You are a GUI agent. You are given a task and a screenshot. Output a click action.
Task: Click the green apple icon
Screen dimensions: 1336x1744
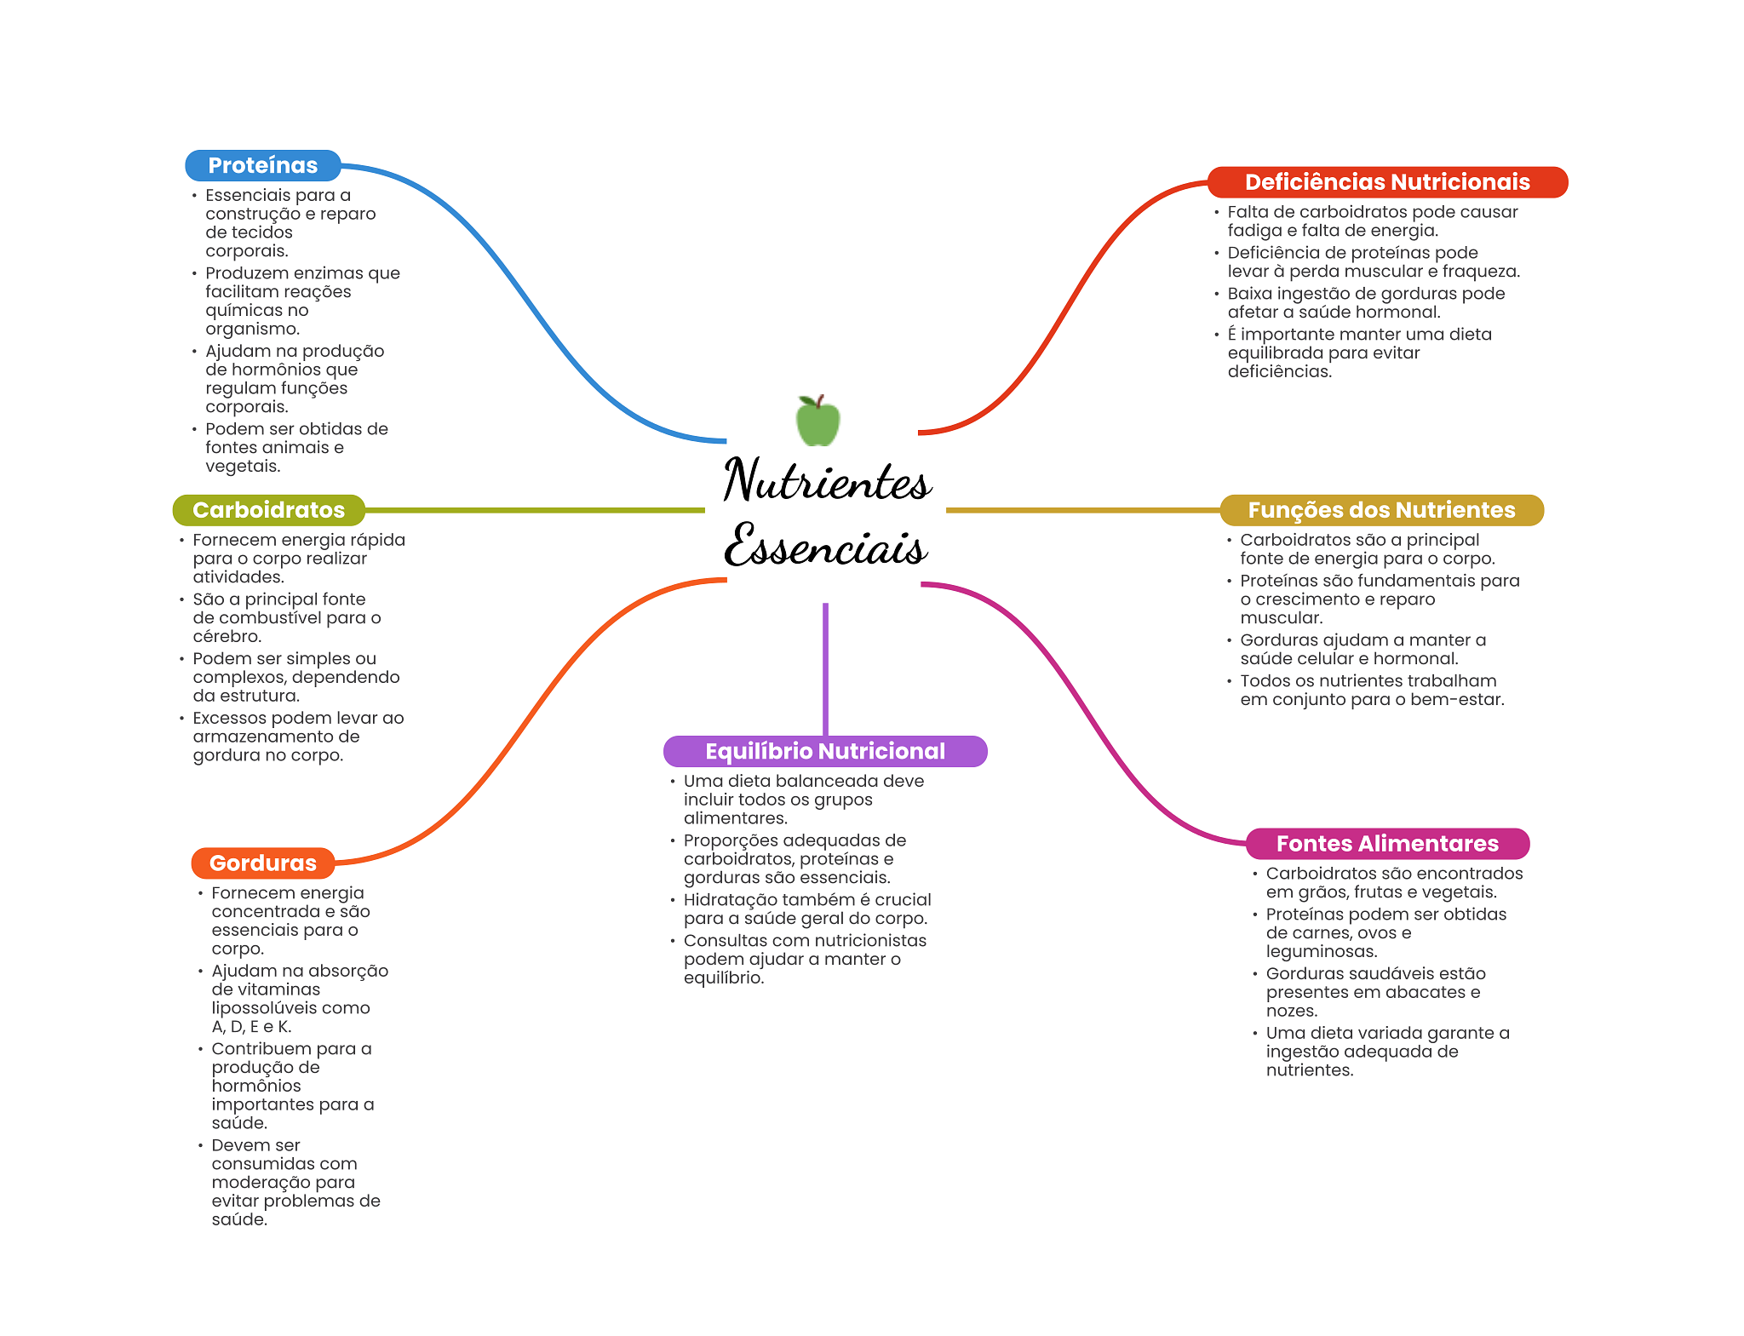tap(817, 421)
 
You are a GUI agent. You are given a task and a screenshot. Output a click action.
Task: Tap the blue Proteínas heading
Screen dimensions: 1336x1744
tap(262, 165)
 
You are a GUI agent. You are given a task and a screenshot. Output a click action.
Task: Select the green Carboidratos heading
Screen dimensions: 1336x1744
tap(268, 510)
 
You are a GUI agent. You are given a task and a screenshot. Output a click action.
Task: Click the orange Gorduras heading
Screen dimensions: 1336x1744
tap(262, 863)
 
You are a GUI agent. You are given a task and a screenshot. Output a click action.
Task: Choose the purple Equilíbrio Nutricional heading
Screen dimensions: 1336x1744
tap(824, 751)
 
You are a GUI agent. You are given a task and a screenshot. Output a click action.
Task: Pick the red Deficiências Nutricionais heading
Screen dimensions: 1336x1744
tap(1386, 182)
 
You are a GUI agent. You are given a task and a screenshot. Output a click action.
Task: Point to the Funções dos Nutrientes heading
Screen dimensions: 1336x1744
tap(1381, 510)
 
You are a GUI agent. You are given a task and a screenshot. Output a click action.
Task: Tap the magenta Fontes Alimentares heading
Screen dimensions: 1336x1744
tap(1386, 844)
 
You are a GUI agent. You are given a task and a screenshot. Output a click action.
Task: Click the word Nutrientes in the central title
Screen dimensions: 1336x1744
tap(826, 481)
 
